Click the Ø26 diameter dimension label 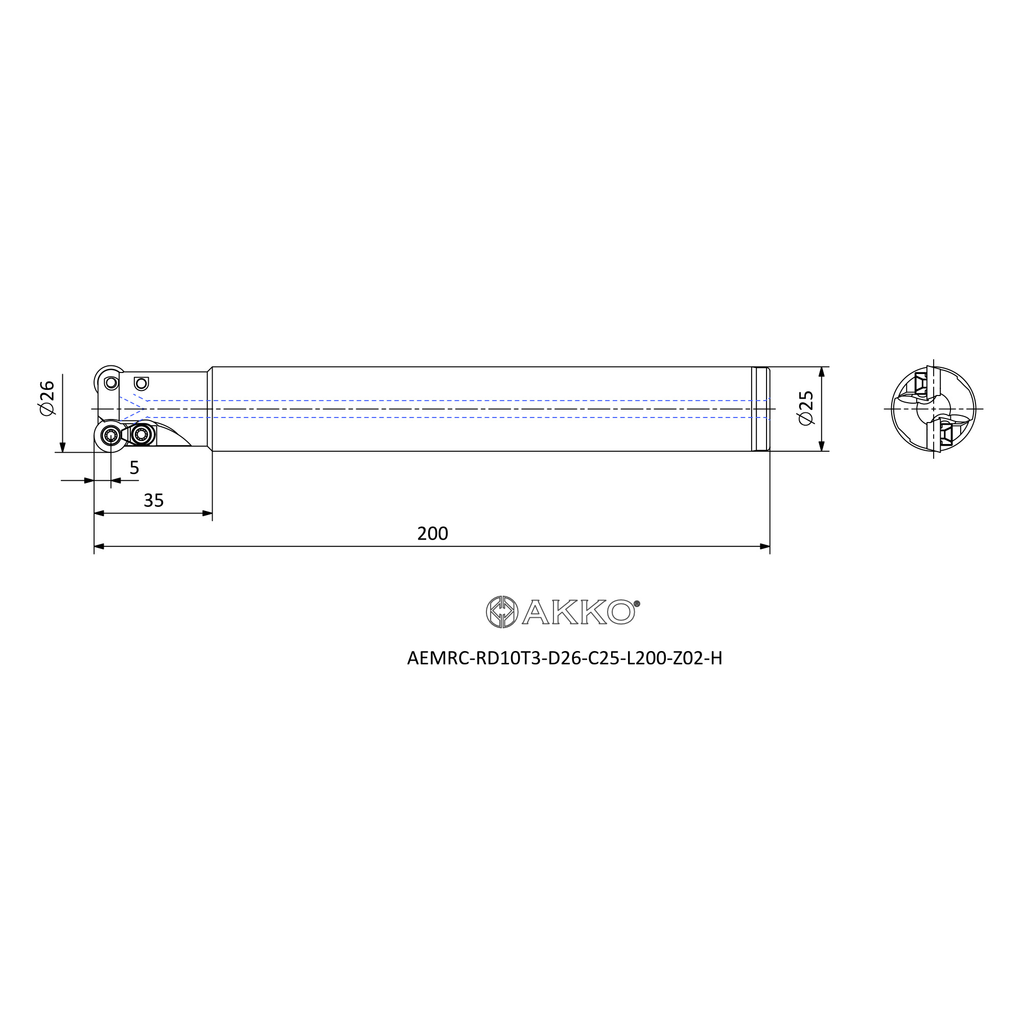(x=47, y=397)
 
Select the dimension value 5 (x=134, y=468)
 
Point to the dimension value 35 (x=154, y=500)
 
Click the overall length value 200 (x=432, y=533)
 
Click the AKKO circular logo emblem (x=502, y=612)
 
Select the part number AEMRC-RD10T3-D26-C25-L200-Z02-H (x=565, y=658)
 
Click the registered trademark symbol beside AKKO (x=637, y=603)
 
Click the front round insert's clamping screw (x=111, y=435)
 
